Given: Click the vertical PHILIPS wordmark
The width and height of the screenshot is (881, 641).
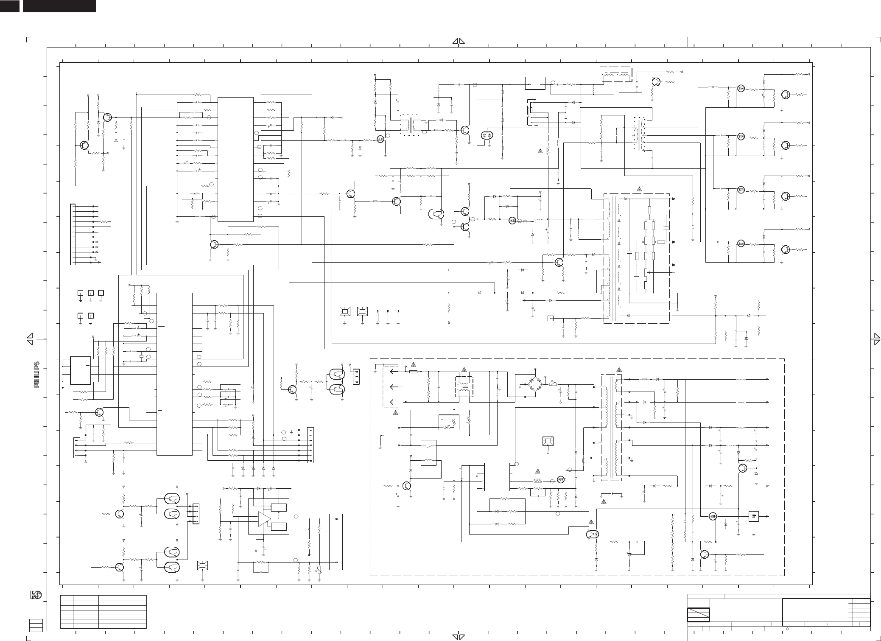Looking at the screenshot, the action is (x=37, y=375).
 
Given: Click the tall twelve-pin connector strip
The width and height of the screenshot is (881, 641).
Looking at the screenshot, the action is (x=72, y=234).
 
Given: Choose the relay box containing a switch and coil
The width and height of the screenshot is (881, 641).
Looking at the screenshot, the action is (x=428, y=453).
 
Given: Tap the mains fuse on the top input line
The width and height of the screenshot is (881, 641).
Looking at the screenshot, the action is (x=413, y=372).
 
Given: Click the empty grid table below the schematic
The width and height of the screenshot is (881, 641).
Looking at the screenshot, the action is (x=103, y=611).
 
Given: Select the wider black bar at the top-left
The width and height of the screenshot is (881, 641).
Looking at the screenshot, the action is (x=59, y=6).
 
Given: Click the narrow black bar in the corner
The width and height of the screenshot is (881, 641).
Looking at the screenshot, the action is (x=10, y=6).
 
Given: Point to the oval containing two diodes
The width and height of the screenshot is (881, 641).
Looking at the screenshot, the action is (x=487, y=135).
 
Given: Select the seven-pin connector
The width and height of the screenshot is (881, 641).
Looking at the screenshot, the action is (x=310, y=445).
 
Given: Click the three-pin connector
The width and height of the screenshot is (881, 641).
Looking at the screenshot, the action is (x=355, y=377).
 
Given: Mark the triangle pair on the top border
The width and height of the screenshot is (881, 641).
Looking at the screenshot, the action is (x=459, y=41).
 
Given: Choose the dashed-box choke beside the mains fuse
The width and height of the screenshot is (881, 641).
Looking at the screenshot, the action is (x=464, y=386).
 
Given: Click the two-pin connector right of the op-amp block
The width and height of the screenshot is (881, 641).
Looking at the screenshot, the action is (x=335, y=542).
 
